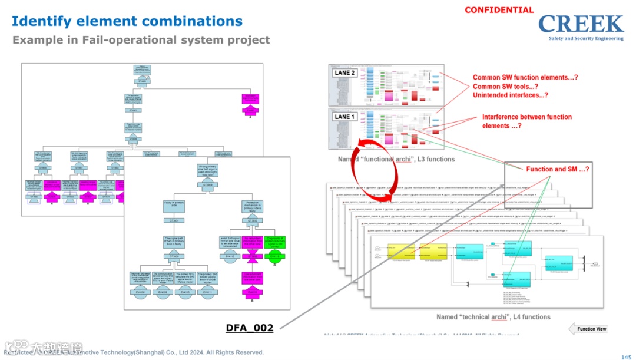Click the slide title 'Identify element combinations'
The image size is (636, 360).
pos(127,21)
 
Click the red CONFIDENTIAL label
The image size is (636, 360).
pos(499,10)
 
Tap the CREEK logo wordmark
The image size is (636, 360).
pos(581,25)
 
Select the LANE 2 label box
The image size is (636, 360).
pos(344,73)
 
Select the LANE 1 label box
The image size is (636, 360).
pos(344,117)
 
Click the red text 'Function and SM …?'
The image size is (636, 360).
pos(558,169)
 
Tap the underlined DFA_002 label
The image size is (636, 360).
pos(250,328)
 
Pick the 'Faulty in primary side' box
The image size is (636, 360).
pos(174,206)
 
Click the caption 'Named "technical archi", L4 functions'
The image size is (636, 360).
pos(493,317)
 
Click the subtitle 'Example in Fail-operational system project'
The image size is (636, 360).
pos(141,40)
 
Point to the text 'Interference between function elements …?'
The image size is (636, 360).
pos(526,121)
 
